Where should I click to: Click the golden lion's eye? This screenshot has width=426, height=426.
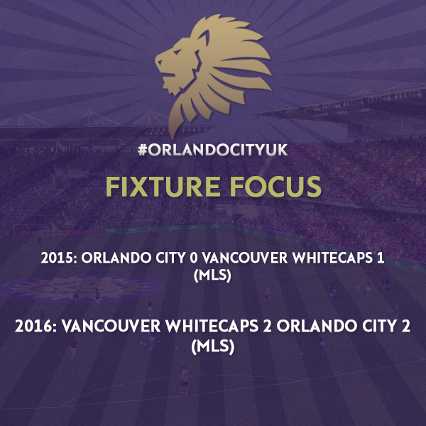pos(177,52)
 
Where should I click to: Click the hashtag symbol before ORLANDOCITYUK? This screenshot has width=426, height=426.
pos(143,150)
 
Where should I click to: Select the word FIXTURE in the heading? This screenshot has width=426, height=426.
pos(163,187)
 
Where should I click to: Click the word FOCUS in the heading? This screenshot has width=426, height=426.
pos(275,187)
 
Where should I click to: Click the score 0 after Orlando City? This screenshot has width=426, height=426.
pos(194,258)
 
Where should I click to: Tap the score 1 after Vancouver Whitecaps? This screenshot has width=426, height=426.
pos(381,258)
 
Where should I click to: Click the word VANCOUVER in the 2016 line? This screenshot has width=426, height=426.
pos(111,327)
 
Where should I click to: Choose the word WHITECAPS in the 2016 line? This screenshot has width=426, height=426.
pos(212,327)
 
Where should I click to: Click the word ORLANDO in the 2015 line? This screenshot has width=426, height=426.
pos(116,258)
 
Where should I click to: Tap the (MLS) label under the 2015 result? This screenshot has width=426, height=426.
pos(212,276)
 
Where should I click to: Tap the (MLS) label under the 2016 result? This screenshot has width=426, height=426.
pos(212,347)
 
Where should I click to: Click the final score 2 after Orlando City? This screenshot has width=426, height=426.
pos(405,327)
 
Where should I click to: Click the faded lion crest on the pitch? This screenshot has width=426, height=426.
pos(82,288)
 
